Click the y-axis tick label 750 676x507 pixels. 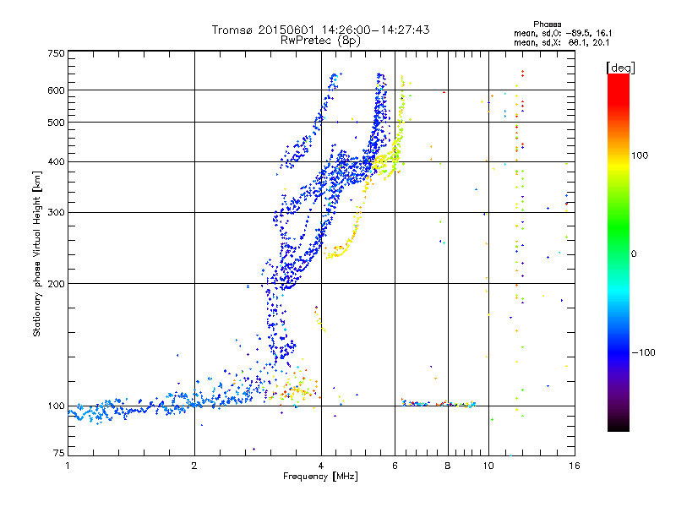[56, 53]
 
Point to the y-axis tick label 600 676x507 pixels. [56, 90]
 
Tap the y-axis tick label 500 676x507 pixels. [56, 123]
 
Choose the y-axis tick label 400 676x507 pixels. [56, 161]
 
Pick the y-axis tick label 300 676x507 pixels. [56, 212]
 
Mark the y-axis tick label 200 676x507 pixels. [56, 284]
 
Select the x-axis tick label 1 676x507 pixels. [68, 466]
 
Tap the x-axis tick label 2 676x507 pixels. [194, 466]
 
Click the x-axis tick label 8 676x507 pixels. [448, 466]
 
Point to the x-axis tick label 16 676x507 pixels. [574, 466]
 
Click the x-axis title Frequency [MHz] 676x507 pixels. [320, 477]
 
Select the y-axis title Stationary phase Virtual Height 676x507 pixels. [37, 253]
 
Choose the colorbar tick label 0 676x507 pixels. [635, 253]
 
